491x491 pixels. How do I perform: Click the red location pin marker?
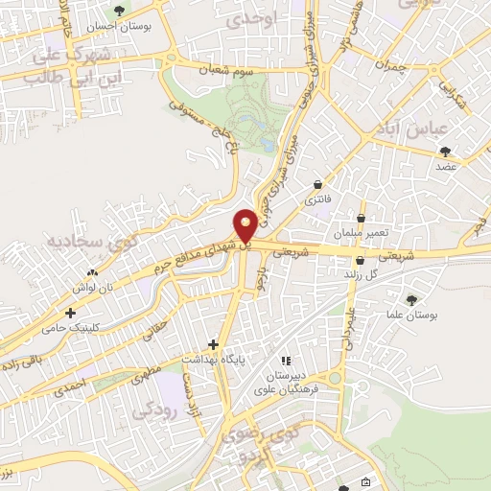246,224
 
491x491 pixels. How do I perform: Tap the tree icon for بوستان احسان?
119,11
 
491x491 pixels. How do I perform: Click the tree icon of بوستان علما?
412,299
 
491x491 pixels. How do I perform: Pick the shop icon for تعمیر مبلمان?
362,218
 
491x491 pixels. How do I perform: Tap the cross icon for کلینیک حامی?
70,313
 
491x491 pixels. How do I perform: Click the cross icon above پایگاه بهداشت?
214,343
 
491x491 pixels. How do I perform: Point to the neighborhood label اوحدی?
252,18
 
